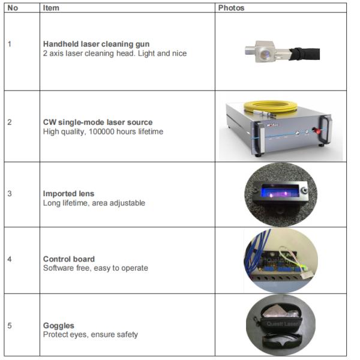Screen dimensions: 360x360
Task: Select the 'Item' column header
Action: (x=52, y=8)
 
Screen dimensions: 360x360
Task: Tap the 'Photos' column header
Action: (x=231, y=8)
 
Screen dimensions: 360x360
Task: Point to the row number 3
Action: (x=10, y=194)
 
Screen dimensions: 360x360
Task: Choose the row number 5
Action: (x=10, y=326)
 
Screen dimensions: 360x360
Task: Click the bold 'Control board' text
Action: (x=69, y=259)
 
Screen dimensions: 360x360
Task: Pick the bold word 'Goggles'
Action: (x=59, y=326)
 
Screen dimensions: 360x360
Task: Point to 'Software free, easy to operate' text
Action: (x=95, y=268)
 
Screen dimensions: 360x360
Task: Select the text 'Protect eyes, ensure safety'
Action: (x=90, y=334)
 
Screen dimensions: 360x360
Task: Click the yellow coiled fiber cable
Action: (x=270, y=107)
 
